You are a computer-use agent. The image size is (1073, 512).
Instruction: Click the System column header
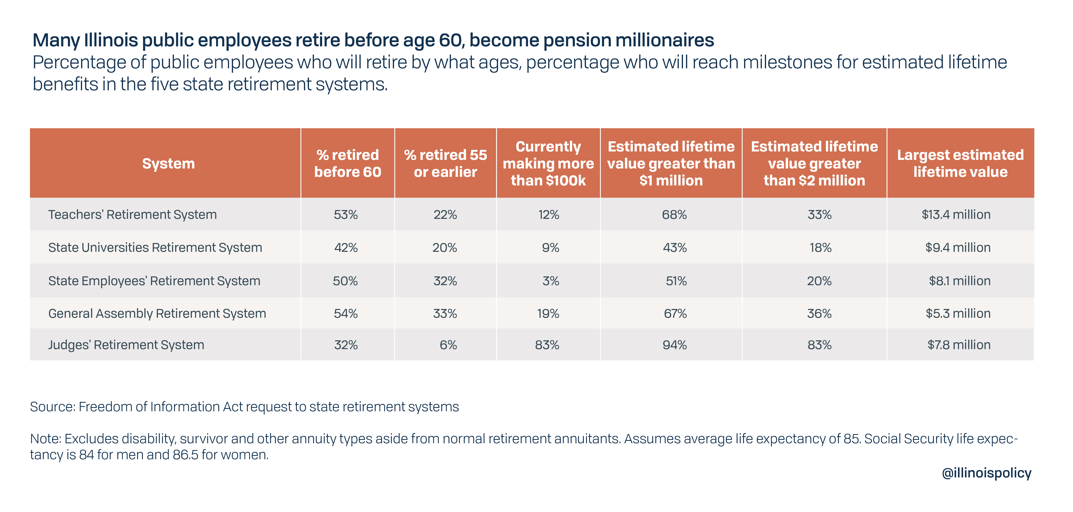(x=168, y=163)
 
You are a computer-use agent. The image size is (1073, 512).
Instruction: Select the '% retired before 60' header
(x=347, y=163)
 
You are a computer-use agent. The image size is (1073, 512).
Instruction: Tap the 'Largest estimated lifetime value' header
(x=960, y=163)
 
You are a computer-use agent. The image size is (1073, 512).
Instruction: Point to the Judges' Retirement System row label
(x=126, y=345)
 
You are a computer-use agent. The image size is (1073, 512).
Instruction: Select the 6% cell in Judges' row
(x=448, y=345)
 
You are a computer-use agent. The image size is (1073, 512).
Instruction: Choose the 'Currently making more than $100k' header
(x=548, y=163)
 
